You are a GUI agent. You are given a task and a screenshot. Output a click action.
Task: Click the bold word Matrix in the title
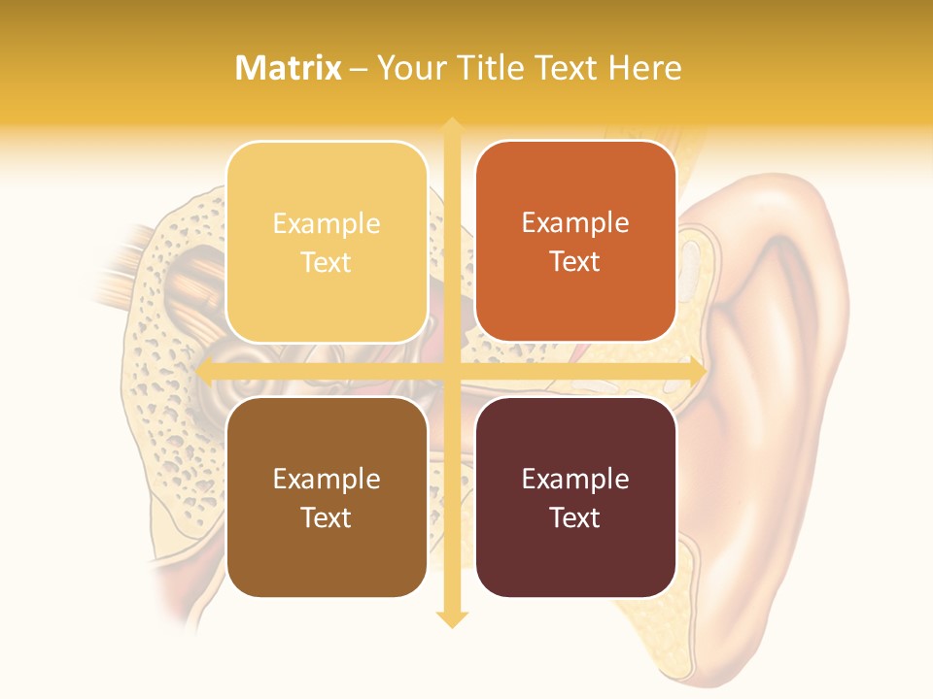tap(289, 68)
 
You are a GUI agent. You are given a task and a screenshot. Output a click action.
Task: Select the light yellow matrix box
tap(327, 242)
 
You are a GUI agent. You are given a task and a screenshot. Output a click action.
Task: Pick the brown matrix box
tap(327, 497)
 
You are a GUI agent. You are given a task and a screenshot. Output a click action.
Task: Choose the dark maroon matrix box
tap(575, 497)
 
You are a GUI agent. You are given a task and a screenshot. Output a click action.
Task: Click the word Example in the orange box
tap(575, 223)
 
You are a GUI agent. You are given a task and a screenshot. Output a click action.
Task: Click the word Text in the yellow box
tap(327, 262)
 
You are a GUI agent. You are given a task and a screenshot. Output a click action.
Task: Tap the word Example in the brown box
tap(327, 479)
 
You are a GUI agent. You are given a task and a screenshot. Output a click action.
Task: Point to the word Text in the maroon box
tap(575, 517)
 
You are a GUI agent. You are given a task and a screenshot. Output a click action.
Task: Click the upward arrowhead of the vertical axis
tap(451, 126)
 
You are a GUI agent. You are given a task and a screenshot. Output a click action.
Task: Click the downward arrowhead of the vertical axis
tap(451, 618)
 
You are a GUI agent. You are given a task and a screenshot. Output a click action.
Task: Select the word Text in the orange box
tap(575, 261)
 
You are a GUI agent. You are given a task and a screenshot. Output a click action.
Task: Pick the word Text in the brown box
tap(327, 517)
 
